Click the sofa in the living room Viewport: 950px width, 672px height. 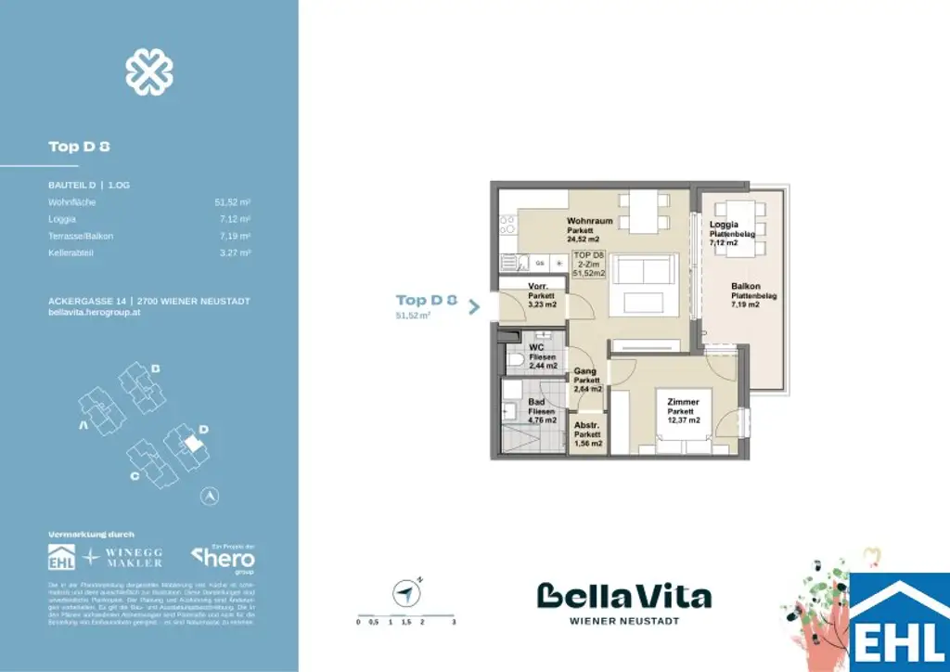[x=643, y=270]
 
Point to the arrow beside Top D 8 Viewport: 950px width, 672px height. [x=474, y=307]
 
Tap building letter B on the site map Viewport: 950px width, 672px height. [x=157, y=369]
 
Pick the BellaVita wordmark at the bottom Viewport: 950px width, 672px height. [x=624, y=597]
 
